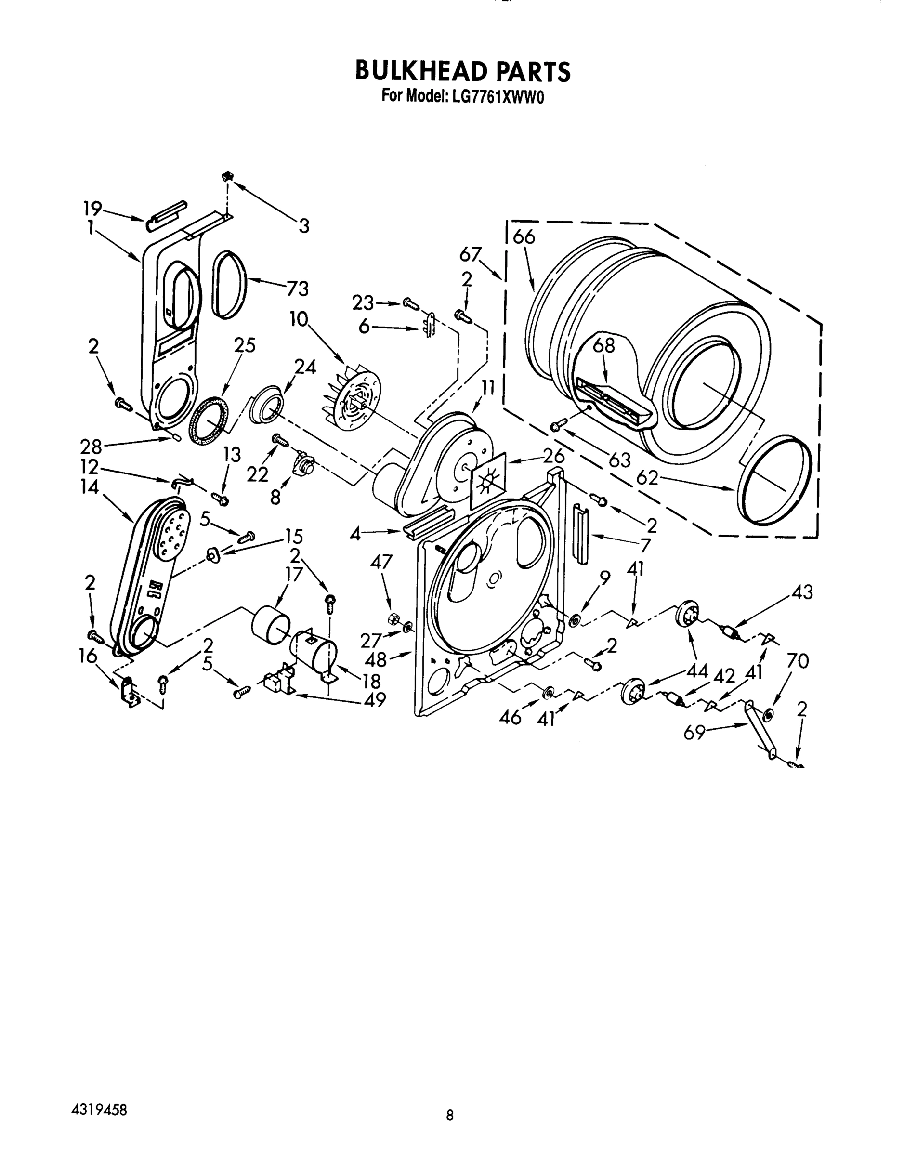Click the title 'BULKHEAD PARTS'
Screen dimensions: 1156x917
[462, 71]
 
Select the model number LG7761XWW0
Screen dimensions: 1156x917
[498, 97]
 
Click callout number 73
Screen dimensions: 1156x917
[297, 289]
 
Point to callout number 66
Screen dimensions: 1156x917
[524, 236]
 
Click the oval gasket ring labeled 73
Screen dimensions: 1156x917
[230, 284]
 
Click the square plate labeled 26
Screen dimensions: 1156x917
[488, 480]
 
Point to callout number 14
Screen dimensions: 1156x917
[90, 487]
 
